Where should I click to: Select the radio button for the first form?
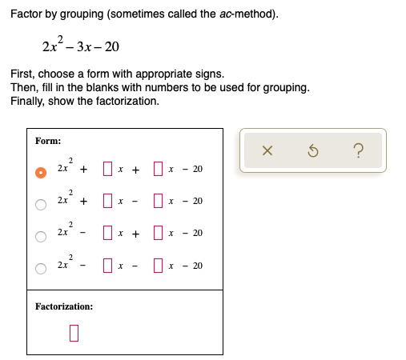point(41,171)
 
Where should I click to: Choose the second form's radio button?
point(41,203)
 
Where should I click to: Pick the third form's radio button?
point(41,235)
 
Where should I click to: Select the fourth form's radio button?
point(41,267)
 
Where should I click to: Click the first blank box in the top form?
point(107,169)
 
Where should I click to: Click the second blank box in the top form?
point(159,169)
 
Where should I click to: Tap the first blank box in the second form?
point(107,201)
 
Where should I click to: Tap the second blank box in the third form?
point(159,233)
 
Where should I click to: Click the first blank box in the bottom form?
point(107,265)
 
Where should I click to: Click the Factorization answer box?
point(74,331)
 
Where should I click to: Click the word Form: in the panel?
point(48,142)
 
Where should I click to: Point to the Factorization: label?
point(64,306)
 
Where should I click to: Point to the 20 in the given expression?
point(111,46)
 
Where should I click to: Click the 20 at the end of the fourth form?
point(198,266)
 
